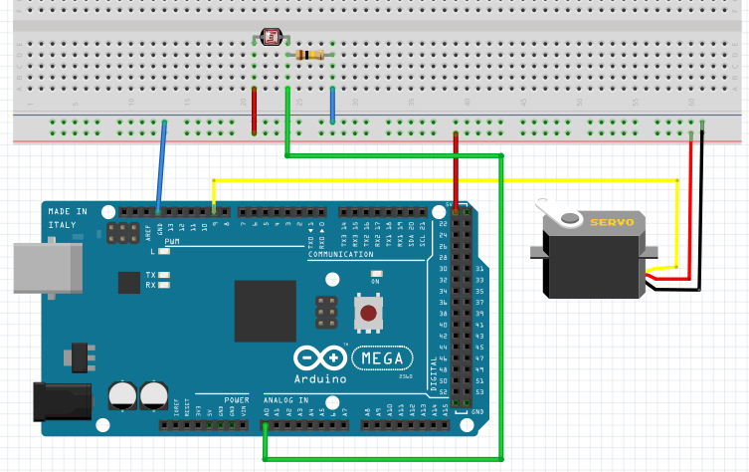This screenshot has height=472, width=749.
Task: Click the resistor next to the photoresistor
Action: [311, 54]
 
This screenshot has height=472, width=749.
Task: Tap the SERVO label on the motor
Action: [611, 223]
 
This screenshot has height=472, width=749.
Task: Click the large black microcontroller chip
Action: [266, 311]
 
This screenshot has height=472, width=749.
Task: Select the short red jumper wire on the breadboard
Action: [254, 111]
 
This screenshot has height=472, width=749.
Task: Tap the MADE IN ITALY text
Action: [68, 218]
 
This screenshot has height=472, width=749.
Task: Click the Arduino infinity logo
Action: [319, 358]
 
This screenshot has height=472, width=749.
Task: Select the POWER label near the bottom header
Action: [236, 398]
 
